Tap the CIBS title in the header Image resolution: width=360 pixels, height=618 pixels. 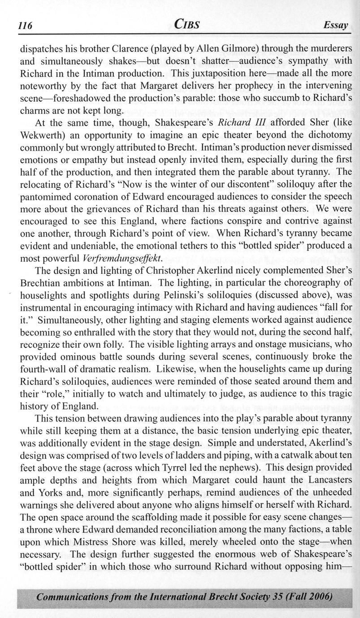pos(187,25)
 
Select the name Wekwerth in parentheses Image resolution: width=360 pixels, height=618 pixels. pos(42,134)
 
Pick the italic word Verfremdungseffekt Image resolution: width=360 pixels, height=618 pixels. pos(115,259)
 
